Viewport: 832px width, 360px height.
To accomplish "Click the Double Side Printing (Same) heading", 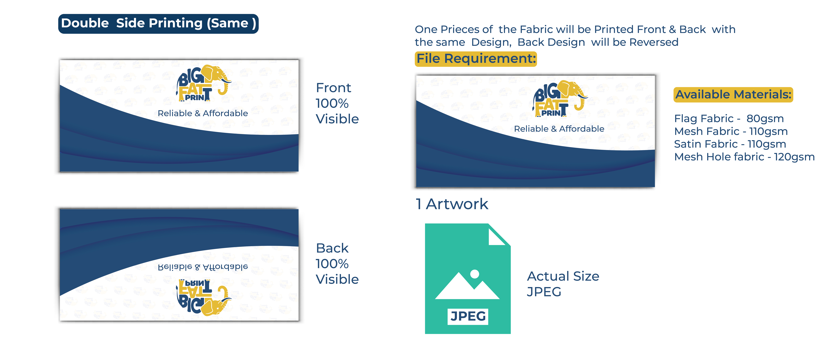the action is point(158,24).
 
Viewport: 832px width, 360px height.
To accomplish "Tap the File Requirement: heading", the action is point(476,59).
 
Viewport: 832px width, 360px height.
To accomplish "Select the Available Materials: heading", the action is point(733,95).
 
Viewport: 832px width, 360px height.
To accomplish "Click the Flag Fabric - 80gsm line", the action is point(729,119).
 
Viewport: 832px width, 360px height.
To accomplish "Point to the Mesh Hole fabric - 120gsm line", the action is point(744,157).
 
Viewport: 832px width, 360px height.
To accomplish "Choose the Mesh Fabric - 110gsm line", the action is point(731,131).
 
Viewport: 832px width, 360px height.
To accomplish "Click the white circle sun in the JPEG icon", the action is point(474,274).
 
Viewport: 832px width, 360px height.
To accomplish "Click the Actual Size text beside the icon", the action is point(563,276).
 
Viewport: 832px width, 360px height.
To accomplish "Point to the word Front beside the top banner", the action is point(333,88).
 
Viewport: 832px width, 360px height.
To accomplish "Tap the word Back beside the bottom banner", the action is point(332,248).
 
